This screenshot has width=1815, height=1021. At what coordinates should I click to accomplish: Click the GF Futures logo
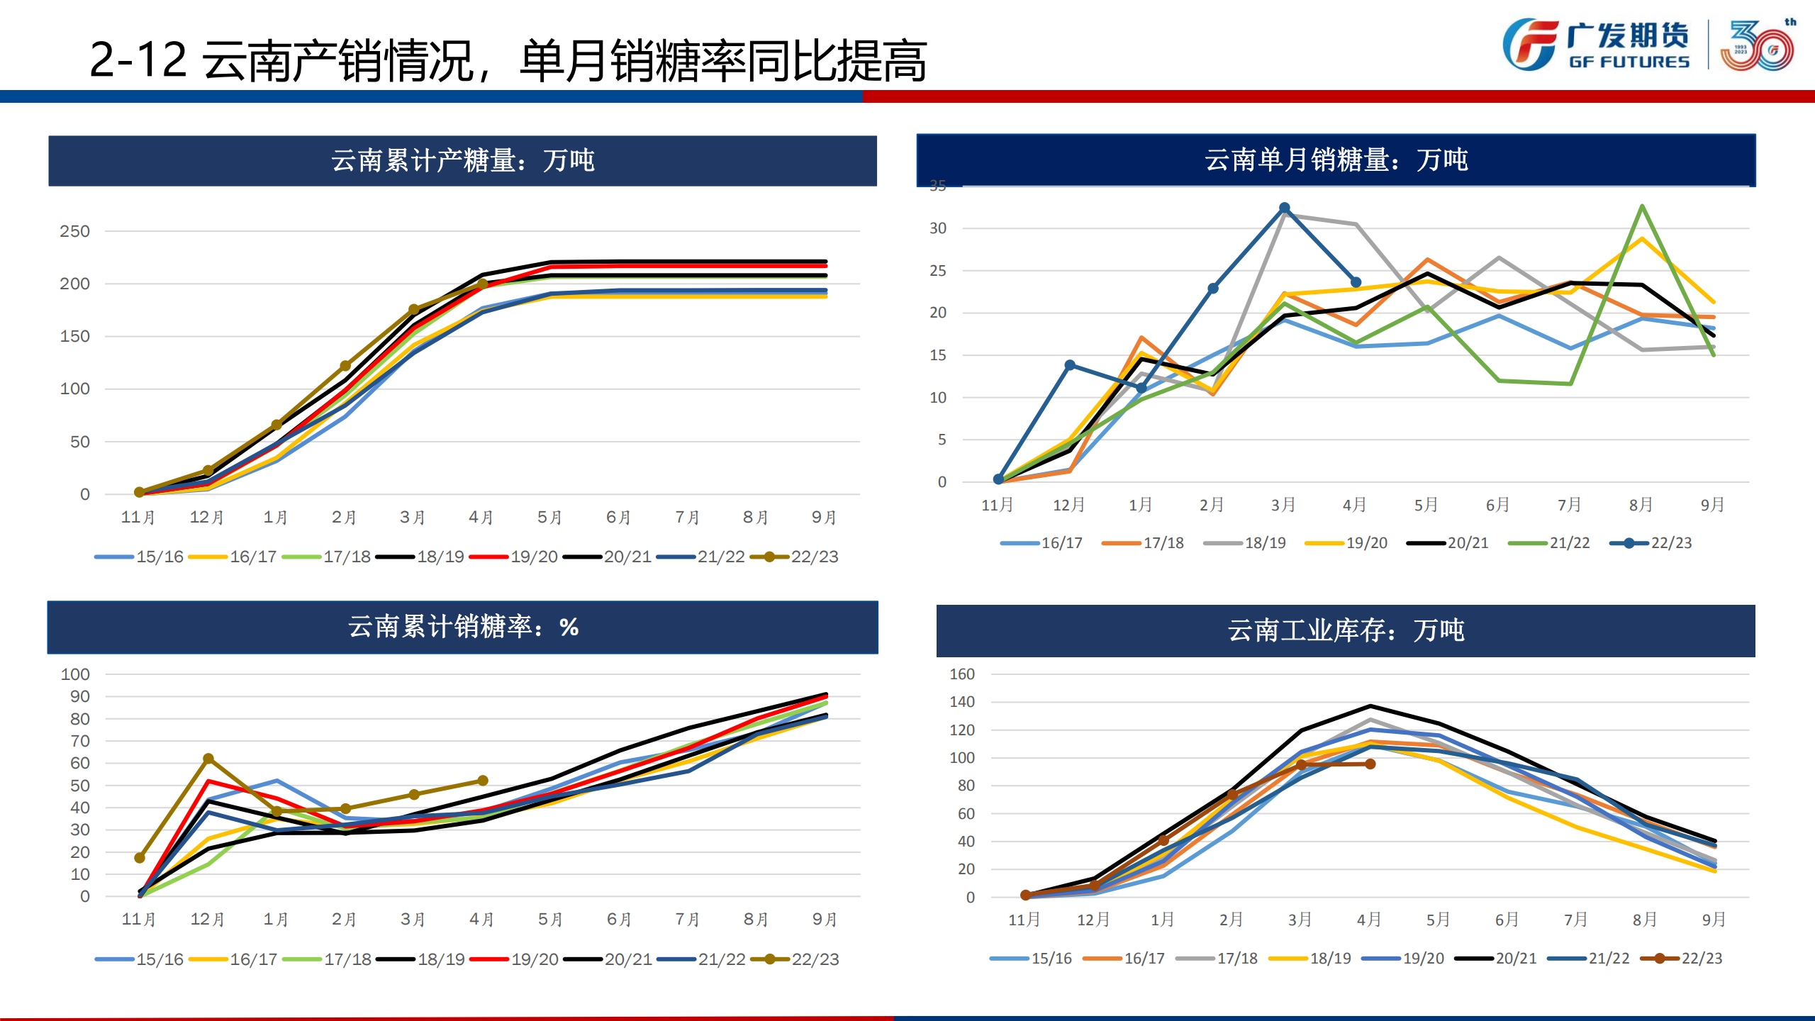click(x=1595, y=44)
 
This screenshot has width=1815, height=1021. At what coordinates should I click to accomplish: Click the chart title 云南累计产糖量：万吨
click(x=462, y=161)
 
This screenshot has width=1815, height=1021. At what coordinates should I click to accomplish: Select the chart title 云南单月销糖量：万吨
click(x=1336, y=160)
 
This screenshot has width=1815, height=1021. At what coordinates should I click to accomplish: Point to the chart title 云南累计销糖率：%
click(x=462, y=627)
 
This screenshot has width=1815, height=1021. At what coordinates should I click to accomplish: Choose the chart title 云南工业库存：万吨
click(x=1345, y=630)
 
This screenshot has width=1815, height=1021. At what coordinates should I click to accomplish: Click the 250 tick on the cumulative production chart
click(x=74, y=231)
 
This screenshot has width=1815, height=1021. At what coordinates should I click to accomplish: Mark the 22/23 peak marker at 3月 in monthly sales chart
click(x=1284, y=208)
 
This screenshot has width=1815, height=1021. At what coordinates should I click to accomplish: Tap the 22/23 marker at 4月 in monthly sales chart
click(x=1356, y=282)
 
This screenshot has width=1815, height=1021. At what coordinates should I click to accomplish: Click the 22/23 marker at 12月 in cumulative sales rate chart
click(x=208, y=759)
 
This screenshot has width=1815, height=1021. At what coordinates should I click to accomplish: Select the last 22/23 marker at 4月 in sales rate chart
click(x=483, y=781)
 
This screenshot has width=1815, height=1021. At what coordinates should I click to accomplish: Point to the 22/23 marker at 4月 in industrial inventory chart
click(x=1370, y=764)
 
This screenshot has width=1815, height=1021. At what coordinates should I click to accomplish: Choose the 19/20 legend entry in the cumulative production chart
click(x=513, y=557)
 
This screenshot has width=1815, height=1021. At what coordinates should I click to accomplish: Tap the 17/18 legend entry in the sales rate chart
click(x=327, y=959)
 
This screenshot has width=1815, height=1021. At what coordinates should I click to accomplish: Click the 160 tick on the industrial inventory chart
click(x=962, y=674)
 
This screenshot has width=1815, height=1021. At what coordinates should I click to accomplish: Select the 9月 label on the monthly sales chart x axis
click(x=1712, y=505)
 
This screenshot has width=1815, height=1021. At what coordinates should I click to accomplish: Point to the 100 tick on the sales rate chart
click(x=75, y=674)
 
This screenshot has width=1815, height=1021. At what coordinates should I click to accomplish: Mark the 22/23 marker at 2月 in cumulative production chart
click(x=345, y=366)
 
